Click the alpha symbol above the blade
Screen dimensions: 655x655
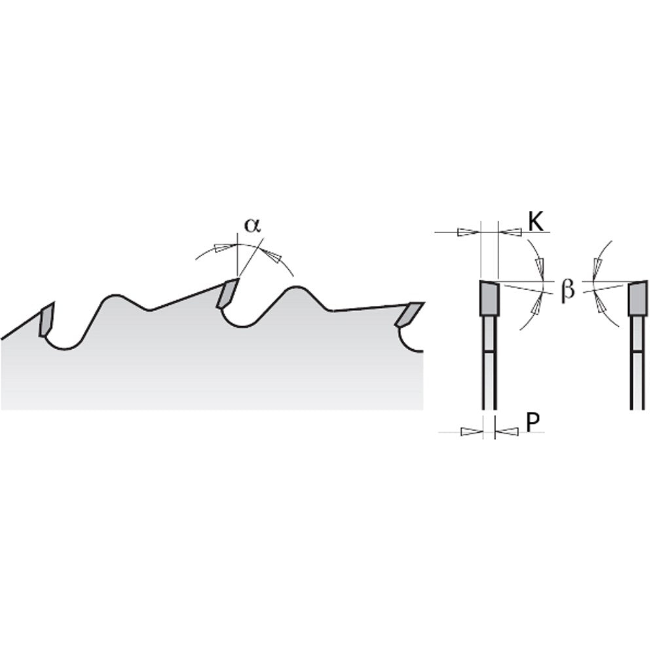coord(253,225)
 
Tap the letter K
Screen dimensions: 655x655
coord(536,222)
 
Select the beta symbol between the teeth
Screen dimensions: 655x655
coord(568,289)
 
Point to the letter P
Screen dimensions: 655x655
coord(532,422)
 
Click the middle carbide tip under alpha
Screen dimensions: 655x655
coord(227,293)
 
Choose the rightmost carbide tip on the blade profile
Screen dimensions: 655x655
coord(409,314)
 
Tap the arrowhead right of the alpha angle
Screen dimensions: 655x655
coord(272,255)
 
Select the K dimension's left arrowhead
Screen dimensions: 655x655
coord(468,232)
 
